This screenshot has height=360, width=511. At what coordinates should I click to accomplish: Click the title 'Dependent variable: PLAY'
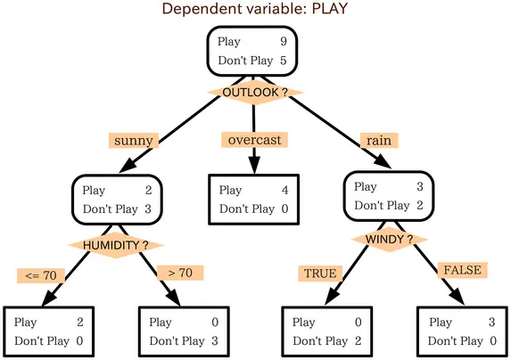[254, 10]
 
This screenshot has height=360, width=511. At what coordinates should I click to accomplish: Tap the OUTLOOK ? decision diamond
[254, 92]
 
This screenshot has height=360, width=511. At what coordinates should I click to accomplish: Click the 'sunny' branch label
[135, 141]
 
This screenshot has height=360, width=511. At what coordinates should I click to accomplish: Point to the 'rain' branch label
[378, 141]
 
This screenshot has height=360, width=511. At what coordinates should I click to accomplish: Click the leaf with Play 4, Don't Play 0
[253, 199]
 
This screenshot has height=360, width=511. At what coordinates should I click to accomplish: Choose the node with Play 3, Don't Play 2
[388, 196]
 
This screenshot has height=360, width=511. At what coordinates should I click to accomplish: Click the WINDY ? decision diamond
[389, 240]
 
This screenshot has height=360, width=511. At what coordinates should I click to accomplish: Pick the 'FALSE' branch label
[460, 270]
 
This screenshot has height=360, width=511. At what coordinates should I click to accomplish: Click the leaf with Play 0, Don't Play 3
[184, 331]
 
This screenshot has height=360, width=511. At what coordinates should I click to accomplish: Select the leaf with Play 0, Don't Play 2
[326, 331]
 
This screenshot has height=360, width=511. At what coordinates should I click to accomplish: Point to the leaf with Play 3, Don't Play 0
[462, 331]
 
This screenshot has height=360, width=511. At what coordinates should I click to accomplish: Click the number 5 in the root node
[282, 61]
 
